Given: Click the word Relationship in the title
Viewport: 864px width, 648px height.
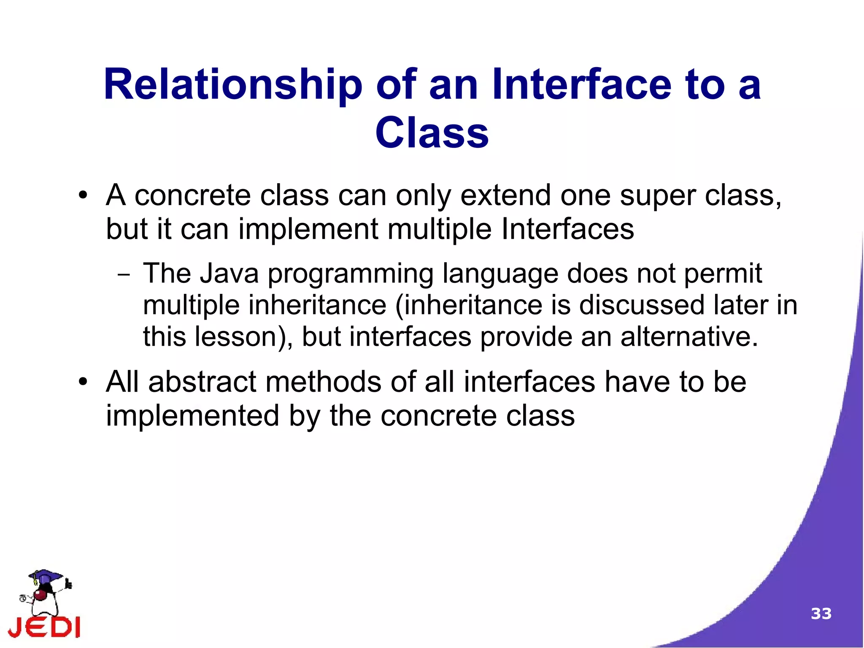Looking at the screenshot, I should (x=233, y=86).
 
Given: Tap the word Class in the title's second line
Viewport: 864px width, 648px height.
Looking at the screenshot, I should (x=432, y=133).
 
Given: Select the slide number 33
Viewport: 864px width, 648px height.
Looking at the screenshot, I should (x=821, y=613).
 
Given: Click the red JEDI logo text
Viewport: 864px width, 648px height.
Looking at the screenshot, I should (x=44, y=627).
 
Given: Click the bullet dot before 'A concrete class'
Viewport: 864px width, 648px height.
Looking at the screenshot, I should (x=83, y=196).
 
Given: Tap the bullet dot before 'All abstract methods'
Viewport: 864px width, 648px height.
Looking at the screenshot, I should (x=83, y=382).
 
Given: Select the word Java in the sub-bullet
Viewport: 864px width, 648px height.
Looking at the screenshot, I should (x=229, y=274).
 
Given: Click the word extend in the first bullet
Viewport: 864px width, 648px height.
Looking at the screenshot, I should (x=505, y=196).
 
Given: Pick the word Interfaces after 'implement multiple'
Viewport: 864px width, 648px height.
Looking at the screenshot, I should (x=567, y=230).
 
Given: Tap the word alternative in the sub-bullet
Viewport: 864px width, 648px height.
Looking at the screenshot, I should (x=689, y=337).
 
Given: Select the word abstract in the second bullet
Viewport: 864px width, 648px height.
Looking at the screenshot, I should (x=202, y=382).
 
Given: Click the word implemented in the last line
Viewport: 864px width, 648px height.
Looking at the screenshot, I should (x=192, y=416).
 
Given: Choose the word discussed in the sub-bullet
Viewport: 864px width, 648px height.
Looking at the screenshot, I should (x=642, y=305).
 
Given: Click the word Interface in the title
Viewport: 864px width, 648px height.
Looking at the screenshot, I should (x=581, y=86).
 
